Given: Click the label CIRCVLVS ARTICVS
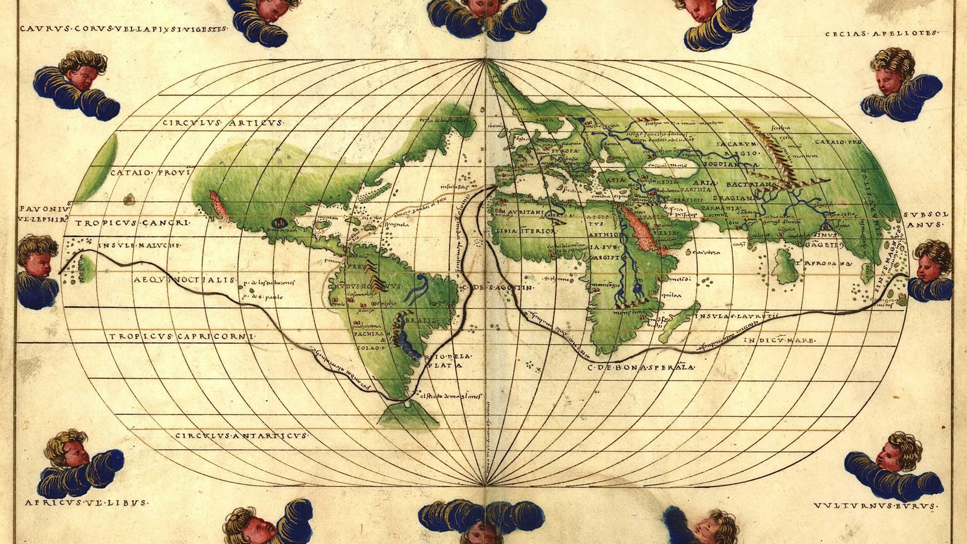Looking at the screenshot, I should point(222,123).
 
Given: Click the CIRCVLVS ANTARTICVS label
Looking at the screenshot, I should point(241,435).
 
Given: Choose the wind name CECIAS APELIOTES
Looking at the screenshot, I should point(881,34).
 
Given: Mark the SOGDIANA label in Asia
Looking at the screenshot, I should point(734,164).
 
